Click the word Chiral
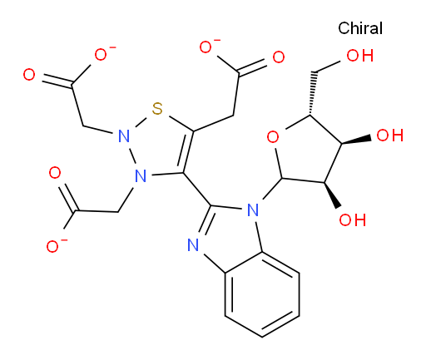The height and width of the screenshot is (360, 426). click(360, 28)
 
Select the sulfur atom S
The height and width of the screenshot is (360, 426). click(157, 109)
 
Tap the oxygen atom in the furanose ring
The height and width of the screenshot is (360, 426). click(273, 137)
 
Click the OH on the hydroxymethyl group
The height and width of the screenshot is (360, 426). click(360, 56)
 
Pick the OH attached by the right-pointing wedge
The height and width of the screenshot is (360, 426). click(389, 136)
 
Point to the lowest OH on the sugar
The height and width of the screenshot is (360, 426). click(352, 219)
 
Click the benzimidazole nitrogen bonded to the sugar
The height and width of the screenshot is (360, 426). click(253, 210)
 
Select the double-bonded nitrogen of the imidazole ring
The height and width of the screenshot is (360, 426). click(193, 245)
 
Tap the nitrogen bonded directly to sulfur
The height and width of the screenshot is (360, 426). click(124, 136)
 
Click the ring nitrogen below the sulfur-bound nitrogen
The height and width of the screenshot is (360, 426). click(141, 175)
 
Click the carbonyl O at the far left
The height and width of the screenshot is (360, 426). click(29, 75)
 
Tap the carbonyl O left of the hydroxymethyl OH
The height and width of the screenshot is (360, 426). click(279, 57)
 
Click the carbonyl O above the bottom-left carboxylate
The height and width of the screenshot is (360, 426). click(55, 173)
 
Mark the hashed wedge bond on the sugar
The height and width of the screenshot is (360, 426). click(313, 93)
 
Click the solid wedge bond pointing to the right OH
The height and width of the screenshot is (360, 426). click(356, 140)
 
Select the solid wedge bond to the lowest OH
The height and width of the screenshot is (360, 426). click(331, 195)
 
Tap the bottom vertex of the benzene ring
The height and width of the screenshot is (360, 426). click(262, 337)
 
